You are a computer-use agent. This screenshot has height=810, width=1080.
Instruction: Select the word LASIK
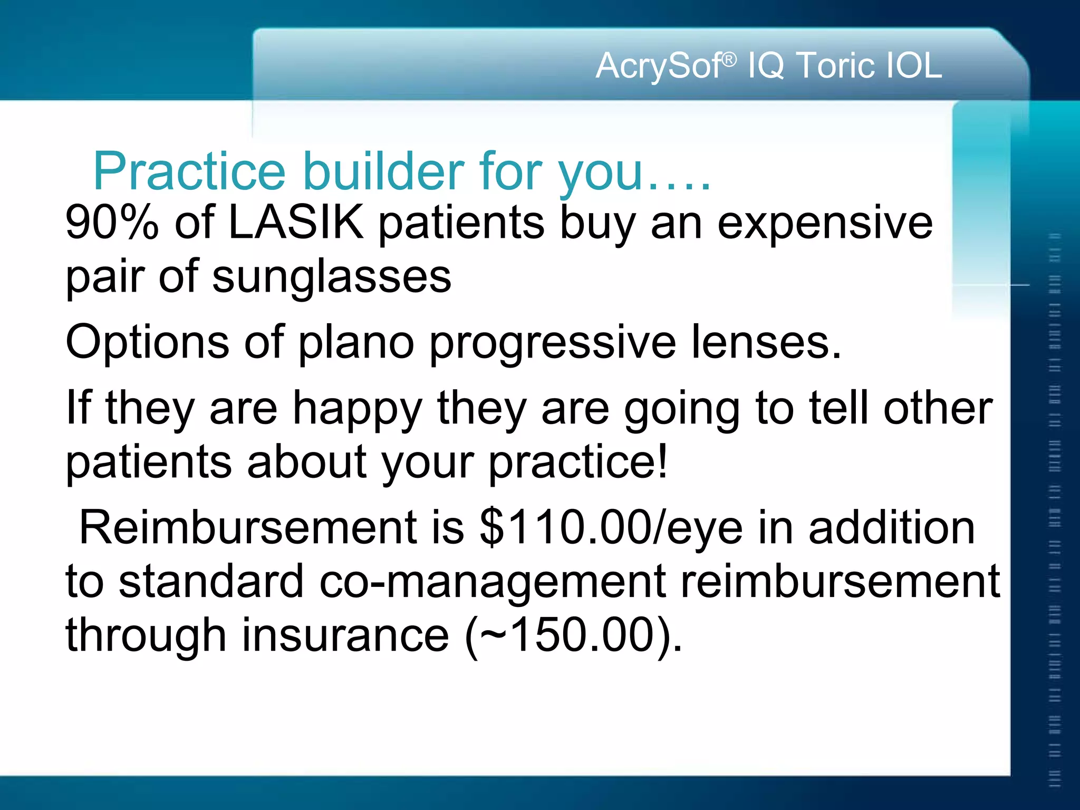pos(296,222)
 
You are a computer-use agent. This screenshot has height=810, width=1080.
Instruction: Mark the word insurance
pos(345,636)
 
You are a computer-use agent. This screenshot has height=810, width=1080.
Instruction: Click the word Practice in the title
pos(189,171)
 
